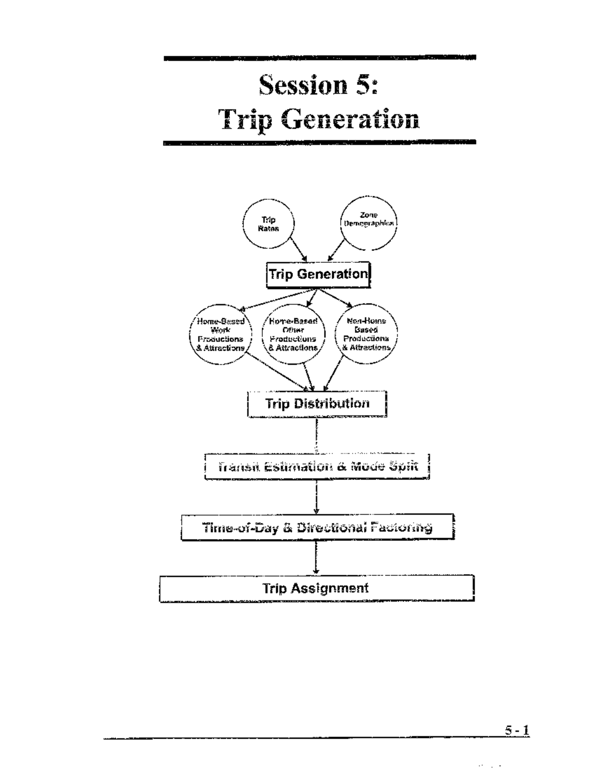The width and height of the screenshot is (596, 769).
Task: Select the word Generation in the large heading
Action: tap(350, 120)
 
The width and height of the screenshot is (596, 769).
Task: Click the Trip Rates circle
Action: tap(269, 224)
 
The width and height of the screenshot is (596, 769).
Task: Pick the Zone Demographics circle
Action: tap(369, 223)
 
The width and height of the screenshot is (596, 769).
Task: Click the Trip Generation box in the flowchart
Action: tap(318, 274)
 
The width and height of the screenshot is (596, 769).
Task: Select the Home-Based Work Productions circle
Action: tap(221, 334)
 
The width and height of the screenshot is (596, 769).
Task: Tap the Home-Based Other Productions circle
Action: tap(294, 334)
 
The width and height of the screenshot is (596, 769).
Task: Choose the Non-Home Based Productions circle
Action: tap(367, 334)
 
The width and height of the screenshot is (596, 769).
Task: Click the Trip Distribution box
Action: tap(317, 404)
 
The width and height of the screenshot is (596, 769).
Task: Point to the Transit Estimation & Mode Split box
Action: tap(317, 466)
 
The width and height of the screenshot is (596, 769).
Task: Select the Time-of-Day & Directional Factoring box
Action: tap(317, 527)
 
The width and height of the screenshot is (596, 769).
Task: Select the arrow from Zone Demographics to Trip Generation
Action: tap(336, 250)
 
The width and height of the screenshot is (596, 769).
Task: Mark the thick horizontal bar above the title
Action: tap(319, 58)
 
